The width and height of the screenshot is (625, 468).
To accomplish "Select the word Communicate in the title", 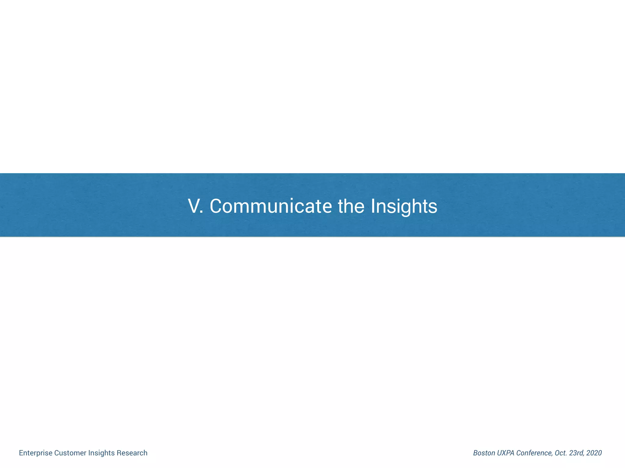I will [x=271, y=206].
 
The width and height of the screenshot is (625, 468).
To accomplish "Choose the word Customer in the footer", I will [x=70, y=453].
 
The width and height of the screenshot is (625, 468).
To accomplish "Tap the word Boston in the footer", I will [x=484, y=453].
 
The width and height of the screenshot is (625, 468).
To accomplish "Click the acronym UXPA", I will [x=506, y=453].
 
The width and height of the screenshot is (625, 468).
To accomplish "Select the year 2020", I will [x=594, y=453].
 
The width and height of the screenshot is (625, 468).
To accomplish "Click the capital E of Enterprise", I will [x=21, y=453].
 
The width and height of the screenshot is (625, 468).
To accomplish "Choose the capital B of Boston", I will [x=475, y=453].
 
